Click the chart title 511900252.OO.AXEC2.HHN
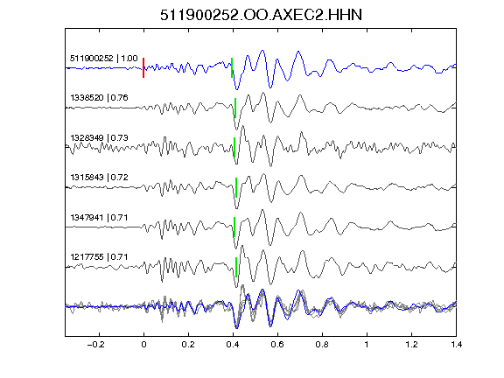[261, 15]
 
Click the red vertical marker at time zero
[143, 68]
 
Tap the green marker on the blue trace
[232, 68]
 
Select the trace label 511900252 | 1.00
[104, 59]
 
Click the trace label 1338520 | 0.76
[100, 98]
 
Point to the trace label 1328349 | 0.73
[100, 138]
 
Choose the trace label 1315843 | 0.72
[100, 178]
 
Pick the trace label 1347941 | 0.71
[100, 218]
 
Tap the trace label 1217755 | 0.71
[100, 257]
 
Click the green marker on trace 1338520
[235, 108]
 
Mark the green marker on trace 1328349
[234, 148]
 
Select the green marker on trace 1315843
[236, 187]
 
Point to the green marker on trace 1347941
[234, 227]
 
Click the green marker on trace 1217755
[236, 267]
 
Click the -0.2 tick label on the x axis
[96, 345]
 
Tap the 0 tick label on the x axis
[143, 345]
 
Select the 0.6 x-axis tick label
[277, 345]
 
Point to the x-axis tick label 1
[367, 345]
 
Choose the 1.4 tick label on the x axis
[456, 345]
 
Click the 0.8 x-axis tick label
[322, 345]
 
